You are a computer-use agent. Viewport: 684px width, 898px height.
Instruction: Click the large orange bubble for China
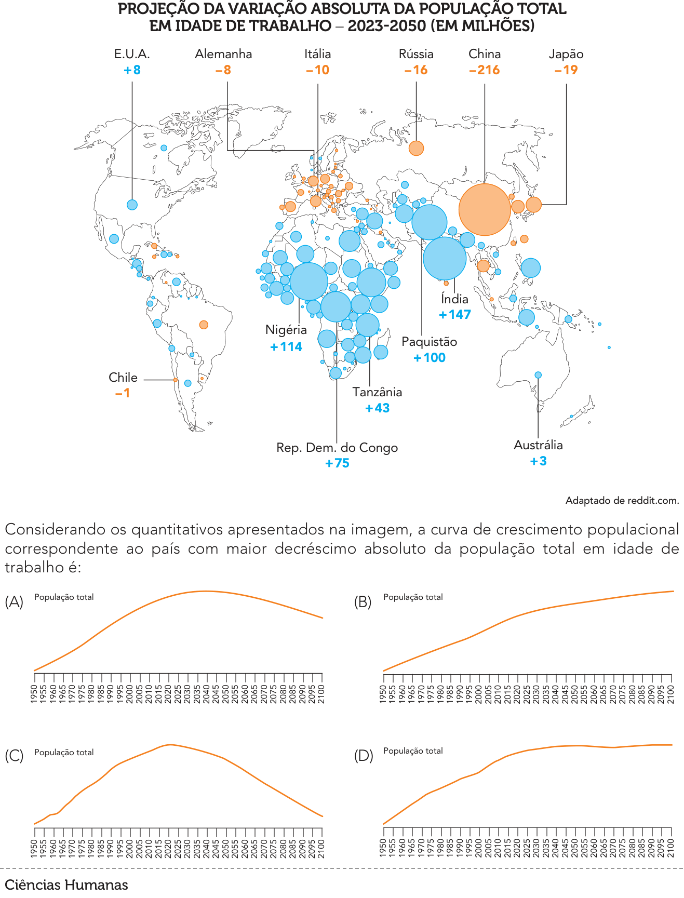[485, 209]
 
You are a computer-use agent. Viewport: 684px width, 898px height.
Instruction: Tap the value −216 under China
[484, 70]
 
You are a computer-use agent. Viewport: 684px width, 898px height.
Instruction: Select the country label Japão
[566, 54]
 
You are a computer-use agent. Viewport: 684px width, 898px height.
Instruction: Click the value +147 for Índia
[455, 315]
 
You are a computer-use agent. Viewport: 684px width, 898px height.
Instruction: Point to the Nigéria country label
[286, 330]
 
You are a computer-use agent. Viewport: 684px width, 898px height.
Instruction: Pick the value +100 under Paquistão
[430, 358]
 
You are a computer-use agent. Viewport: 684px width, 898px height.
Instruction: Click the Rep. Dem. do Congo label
[337, 448]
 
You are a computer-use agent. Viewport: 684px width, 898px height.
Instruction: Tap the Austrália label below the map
[538, 445]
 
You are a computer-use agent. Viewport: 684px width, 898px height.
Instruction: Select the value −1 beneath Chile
[123, 394]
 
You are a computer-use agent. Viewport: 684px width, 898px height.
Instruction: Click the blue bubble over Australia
[538, 375]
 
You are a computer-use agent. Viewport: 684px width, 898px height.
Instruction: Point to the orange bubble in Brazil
[204, 325]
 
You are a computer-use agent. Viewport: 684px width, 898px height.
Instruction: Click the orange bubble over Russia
[416, 148]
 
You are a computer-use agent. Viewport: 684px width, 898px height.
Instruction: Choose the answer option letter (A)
[14, 602]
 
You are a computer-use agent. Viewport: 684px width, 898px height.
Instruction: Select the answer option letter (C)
[14, 756]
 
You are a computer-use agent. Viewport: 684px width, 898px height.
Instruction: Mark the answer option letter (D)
[364, 756]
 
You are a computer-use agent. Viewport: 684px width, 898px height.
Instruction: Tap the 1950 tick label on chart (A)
[34, 695]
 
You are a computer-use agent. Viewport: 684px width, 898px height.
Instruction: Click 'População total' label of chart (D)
[413, 751]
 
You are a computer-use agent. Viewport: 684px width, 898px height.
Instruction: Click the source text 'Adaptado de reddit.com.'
[622, 501]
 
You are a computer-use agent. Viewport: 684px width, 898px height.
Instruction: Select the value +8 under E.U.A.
[132, 70]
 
